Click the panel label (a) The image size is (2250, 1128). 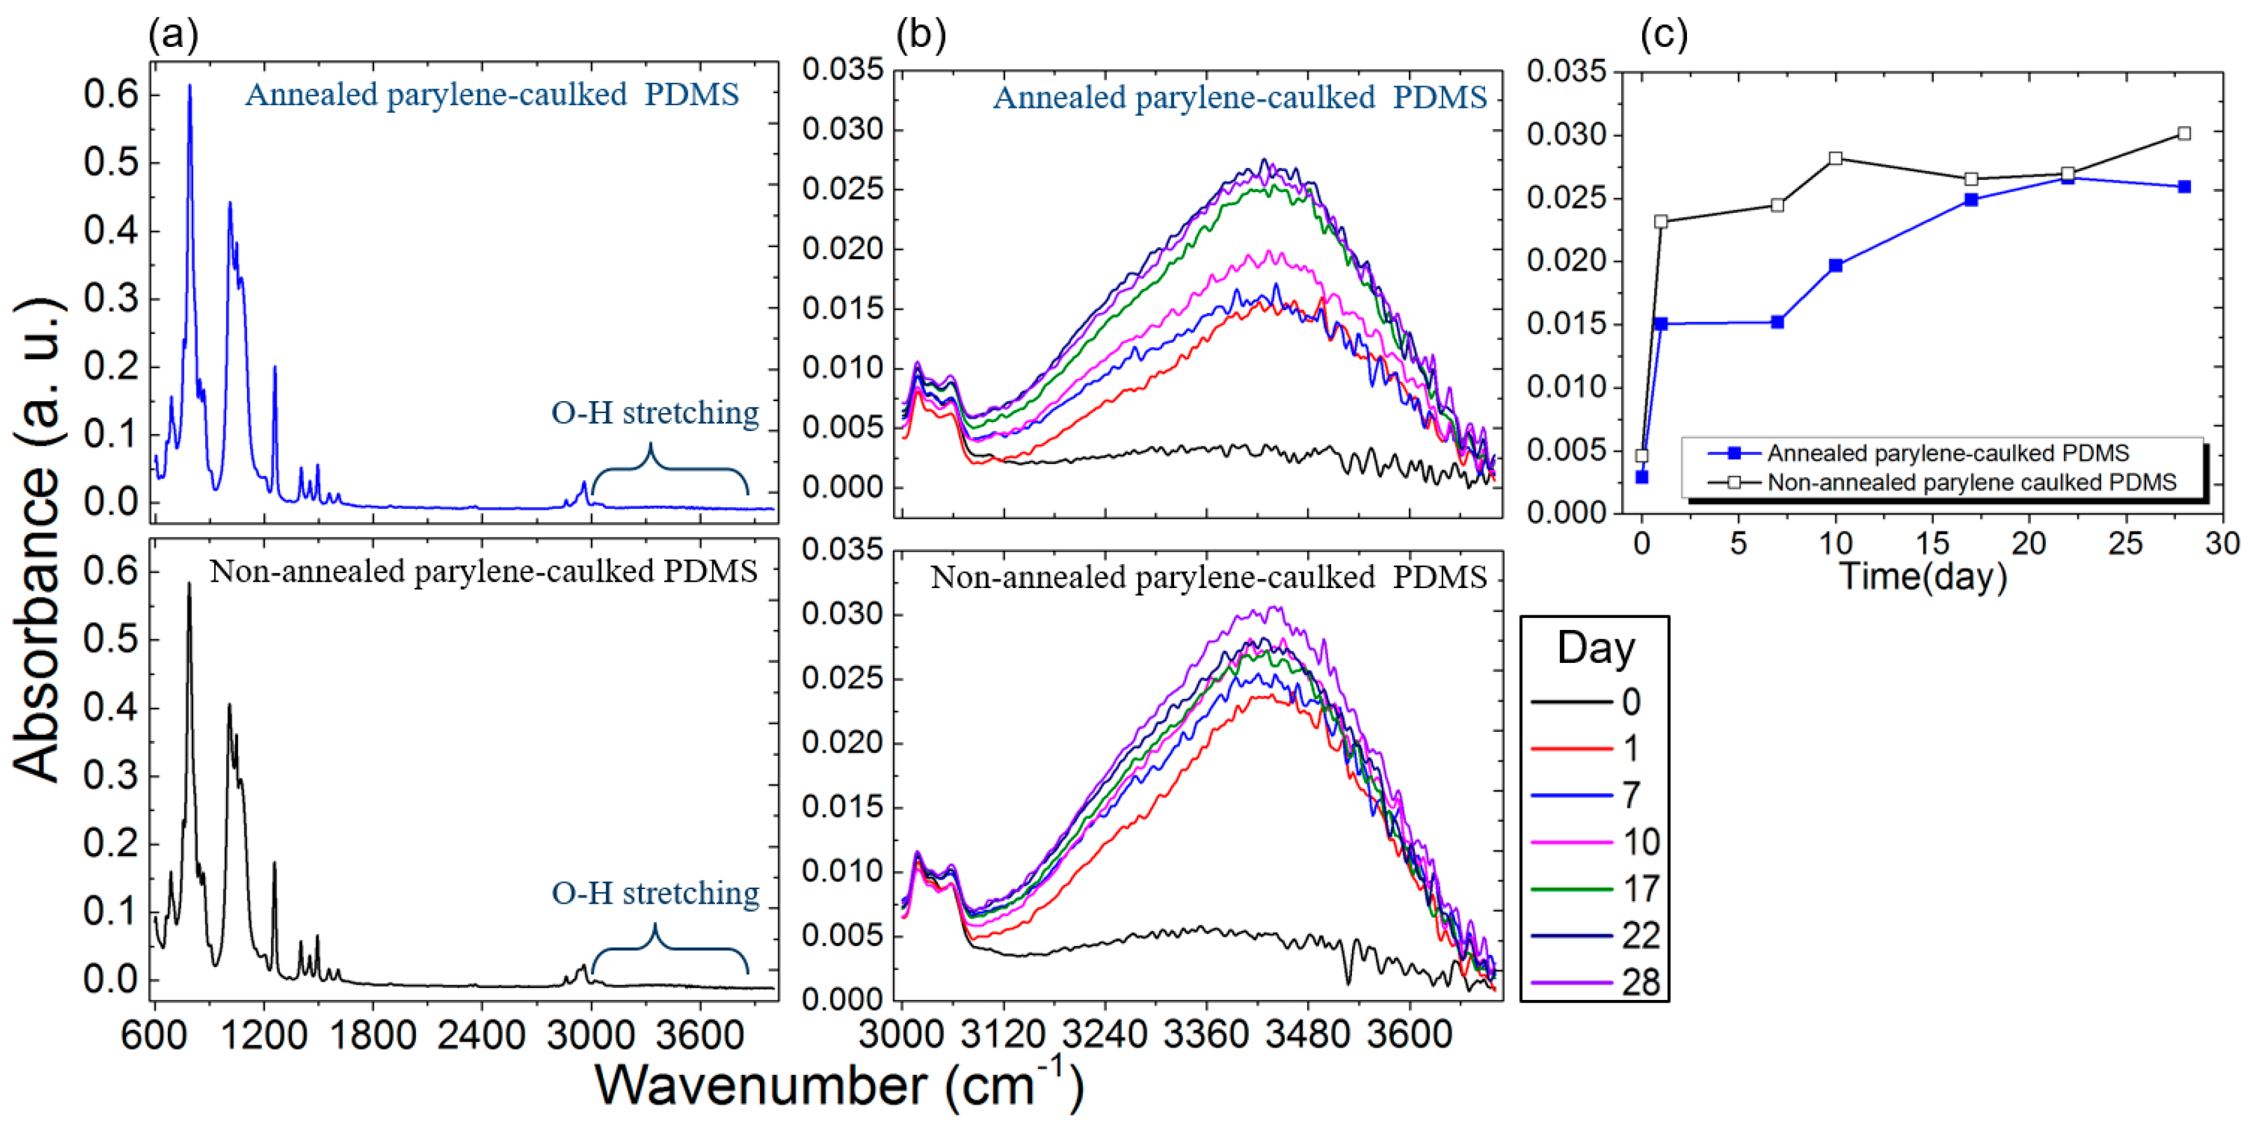pyautogui.click(x=173, y=35)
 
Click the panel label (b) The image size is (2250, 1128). pyautogui.click(x=921, y=35)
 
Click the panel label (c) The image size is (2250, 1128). pyautogui.click(x=1664, y=35)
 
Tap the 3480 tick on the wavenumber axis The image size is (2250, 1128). pyautogui.click(x=1308, y=1034)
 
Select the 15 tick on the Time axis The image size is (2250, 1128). pyautogui.click(x=1932, y=544)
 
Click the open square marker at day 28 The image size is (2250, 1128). pyautogui.click(x=2184, y=134)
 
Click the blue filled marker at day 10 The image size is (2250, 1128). pyautogui.click(x=1835, y=266)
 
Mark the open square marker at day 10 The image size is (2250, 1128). pyautogui.click(x=1835, y=158)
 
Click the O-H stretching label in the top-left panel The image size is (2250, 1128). pyautogui.click(x=654, y=413)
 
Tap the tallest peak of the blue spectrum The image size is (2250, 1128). pyautogui.click(x=189, y=86)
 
